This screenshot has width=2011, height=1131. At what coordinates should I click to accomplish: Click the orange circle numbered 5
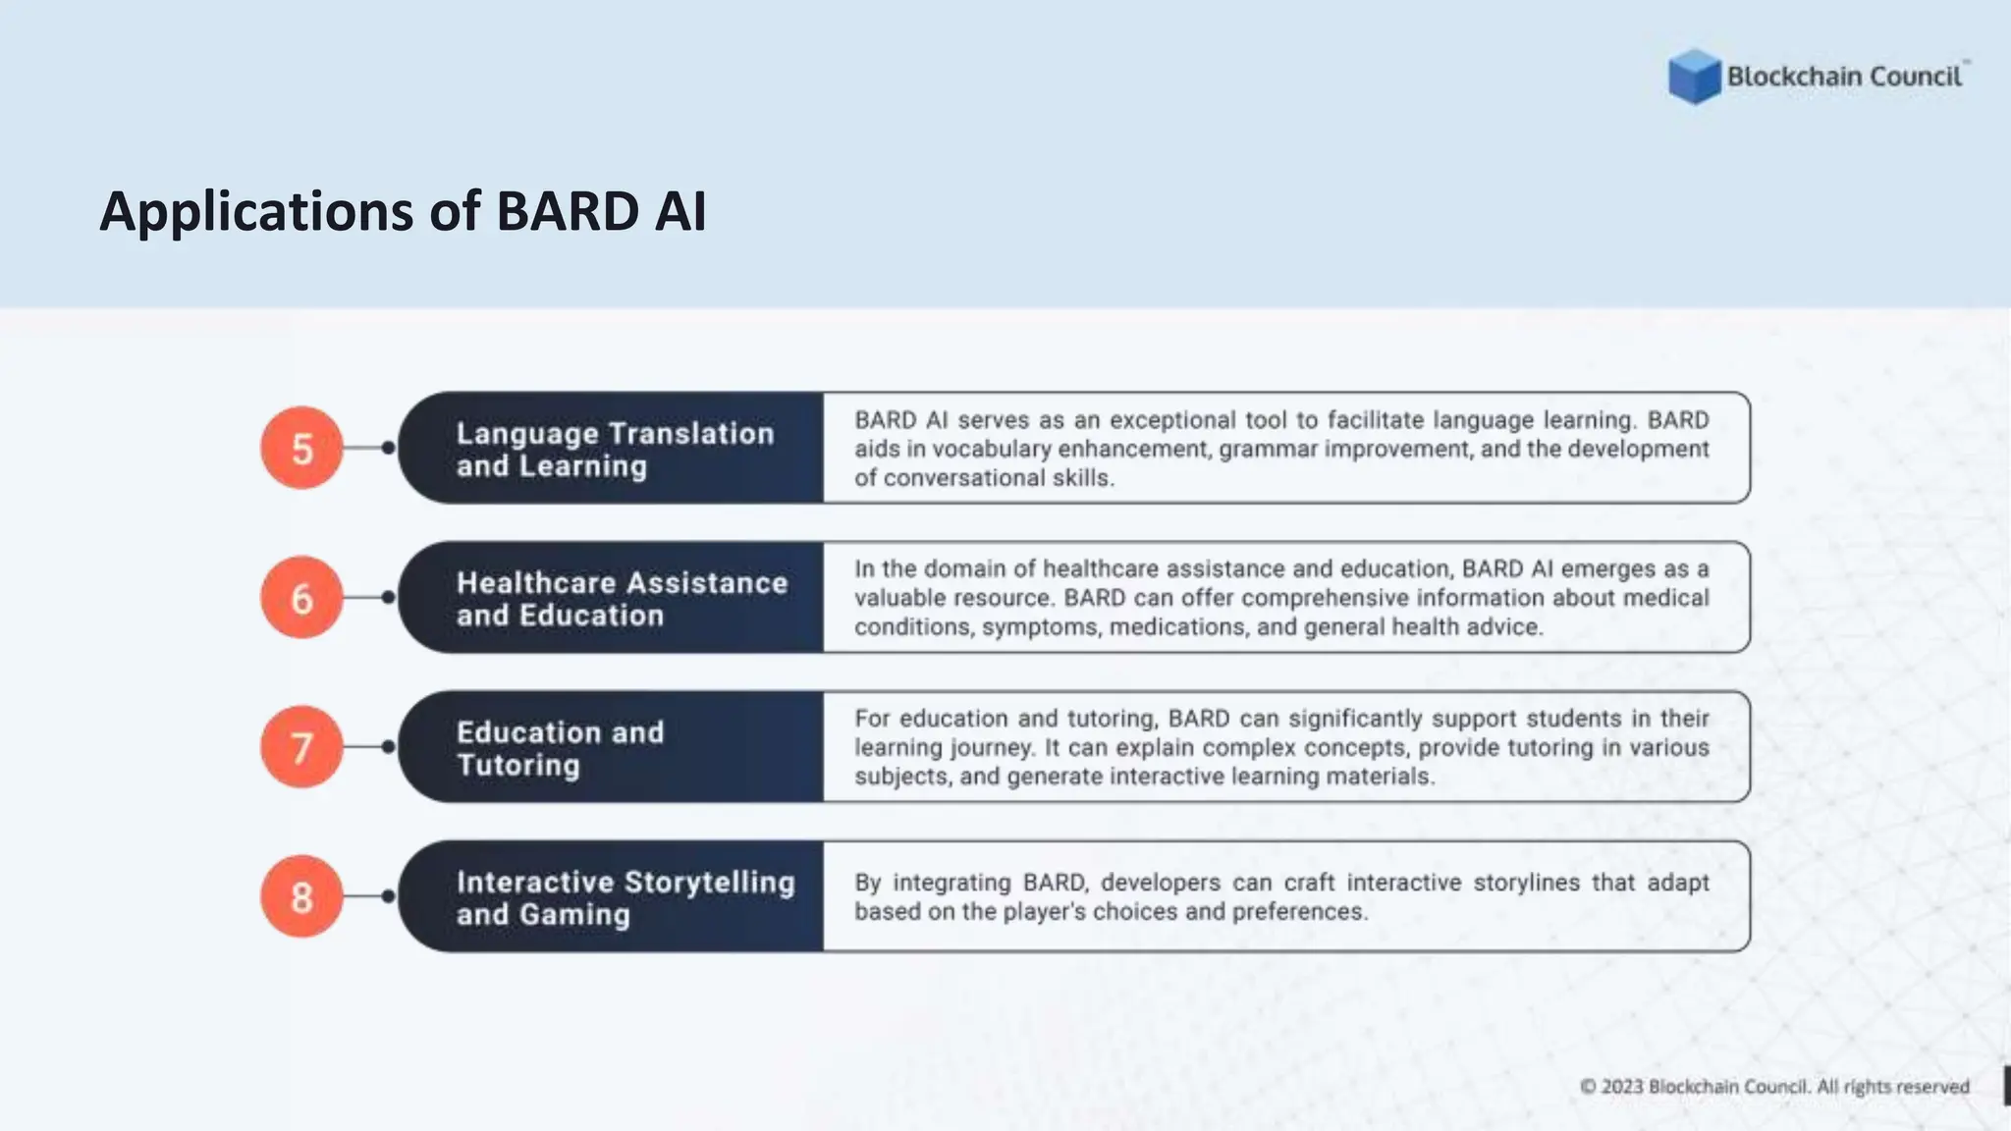click(301, 448)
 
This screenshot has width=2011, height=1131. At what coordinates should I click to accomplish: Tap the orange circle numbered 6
click(301, 597)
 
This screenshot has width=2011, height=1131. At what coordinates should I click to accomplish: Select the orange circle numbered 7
click(301, 747)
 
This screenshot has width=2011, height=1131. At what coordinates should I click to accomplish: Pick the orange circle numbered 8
click(301, 896)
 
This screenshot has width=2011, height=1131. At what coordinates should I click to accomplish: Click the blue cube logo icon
click(1694, 77)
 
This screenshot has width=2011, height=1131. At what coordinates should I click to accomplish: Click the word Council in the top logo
click(1915, 77)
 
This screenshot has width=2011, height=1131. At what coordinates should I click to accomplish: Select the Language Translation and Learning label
click(615, 449)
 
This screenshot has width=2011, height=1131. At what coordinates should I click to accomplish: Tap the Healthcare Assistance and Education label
click(621, 598)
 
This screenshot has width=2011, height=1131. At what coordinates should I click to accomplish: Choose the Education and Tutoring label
click(560, 748)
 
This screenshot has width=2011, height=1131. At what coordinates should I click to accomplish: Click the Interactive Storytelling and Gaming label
click(625, 897)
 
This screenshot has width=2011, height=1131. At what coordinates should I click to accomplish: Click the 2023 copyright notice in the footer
click(1773, 1087)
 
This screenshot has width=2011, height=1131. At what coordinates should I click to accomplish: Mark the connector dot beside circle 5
click(388, 448)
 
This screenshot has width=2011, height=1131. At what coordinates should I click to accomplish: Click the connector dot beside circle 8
click(388, 896)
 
